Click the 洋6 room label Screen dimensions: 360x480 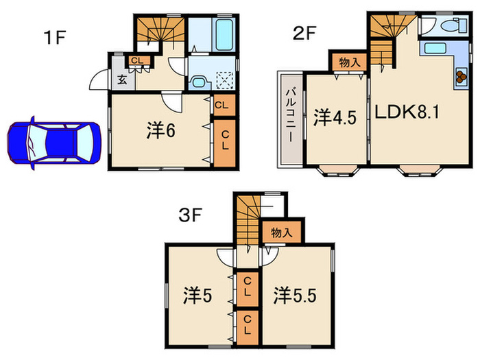[x=163, y=131]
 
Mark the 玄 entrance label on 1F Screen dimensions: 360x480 [x=121, y=79]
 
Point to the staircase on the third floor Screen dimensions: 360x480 [x=249, y=219]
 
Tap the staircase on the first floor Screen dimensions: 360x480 [x=160, y=32]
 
